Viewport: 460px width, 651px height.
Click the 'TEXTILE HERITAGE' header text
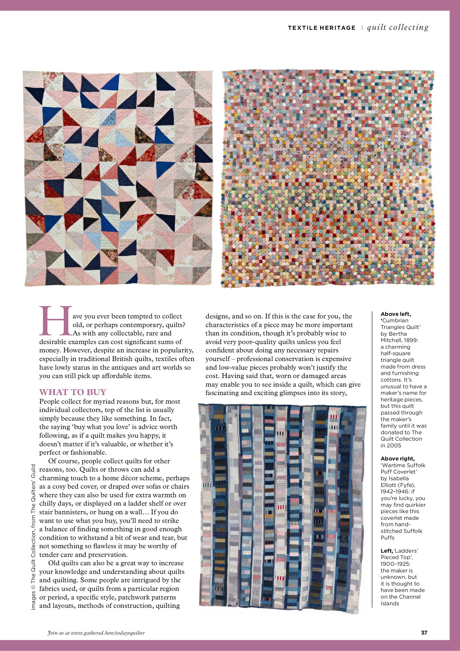[x=321, y=28]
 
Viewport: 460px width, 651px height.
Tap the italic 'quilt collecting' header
[x=398, y=28]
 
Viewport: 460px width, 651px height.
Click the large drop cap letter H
[x=55, y=320]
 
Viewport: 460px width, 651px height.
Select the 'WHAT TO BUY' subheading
[x=73, y=392]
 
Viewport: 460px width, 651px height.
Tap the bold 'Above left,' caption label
[x=396, y=314]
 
